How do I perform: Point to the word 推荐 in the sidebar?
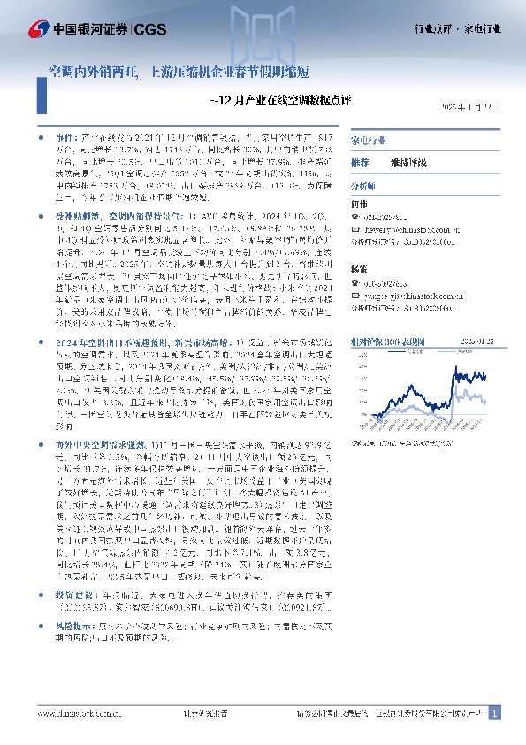(359, 164)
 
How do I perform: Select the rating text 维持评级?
(410, 164)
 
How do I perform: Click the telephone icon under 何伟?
(355, 215)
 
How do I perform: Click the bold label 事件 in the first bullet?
(65, 139)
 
